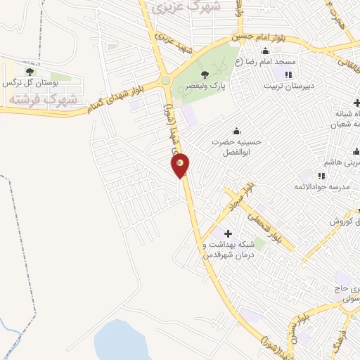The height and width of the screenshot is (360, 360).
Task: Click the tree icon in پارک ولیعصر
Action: point(205,73)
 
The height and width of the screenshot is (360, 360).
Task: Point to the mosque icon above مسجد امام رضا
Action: point(265,51)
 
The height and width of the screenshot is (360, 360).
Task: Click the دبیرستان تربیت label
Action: point(287,86)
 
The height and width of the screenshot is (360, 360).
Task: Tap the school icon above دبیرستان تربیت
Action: point(288,75)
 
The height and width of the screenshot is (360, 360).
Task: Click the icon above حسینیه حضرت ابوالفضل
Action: point(236,129)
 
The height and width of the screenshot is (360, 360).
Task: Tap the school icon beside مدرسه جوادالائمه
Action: point(321,176)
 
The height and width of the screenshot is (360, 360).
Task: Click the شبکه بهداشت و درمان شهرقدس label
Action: point(227,249)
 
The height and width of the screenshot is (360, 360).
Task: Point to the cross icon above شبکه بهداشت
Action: point(227,233)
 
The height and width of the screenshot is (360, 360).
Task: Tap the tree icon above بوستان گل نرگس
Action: point(29,71)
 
